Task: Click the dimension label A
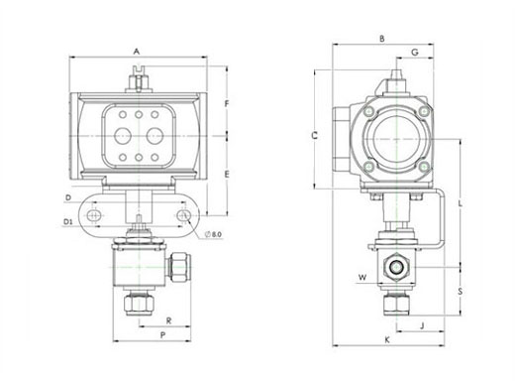click(x=137, y=52)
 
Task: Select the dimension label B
click(x=382, y=39)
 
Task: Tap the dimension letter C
click(x=315, y=135)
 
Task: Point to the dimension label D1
click(x=67, y=222)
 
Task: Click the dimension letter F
click(x=227, y=104)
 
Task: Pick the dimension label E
click(x=227, y=175)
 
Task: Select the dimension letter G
click(x=415, y=52)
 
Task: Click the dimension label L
click(x=461, y=204)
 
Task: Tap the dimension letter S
click(x=461, y=292)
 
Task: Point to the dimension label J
click(x=422, y=325)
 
